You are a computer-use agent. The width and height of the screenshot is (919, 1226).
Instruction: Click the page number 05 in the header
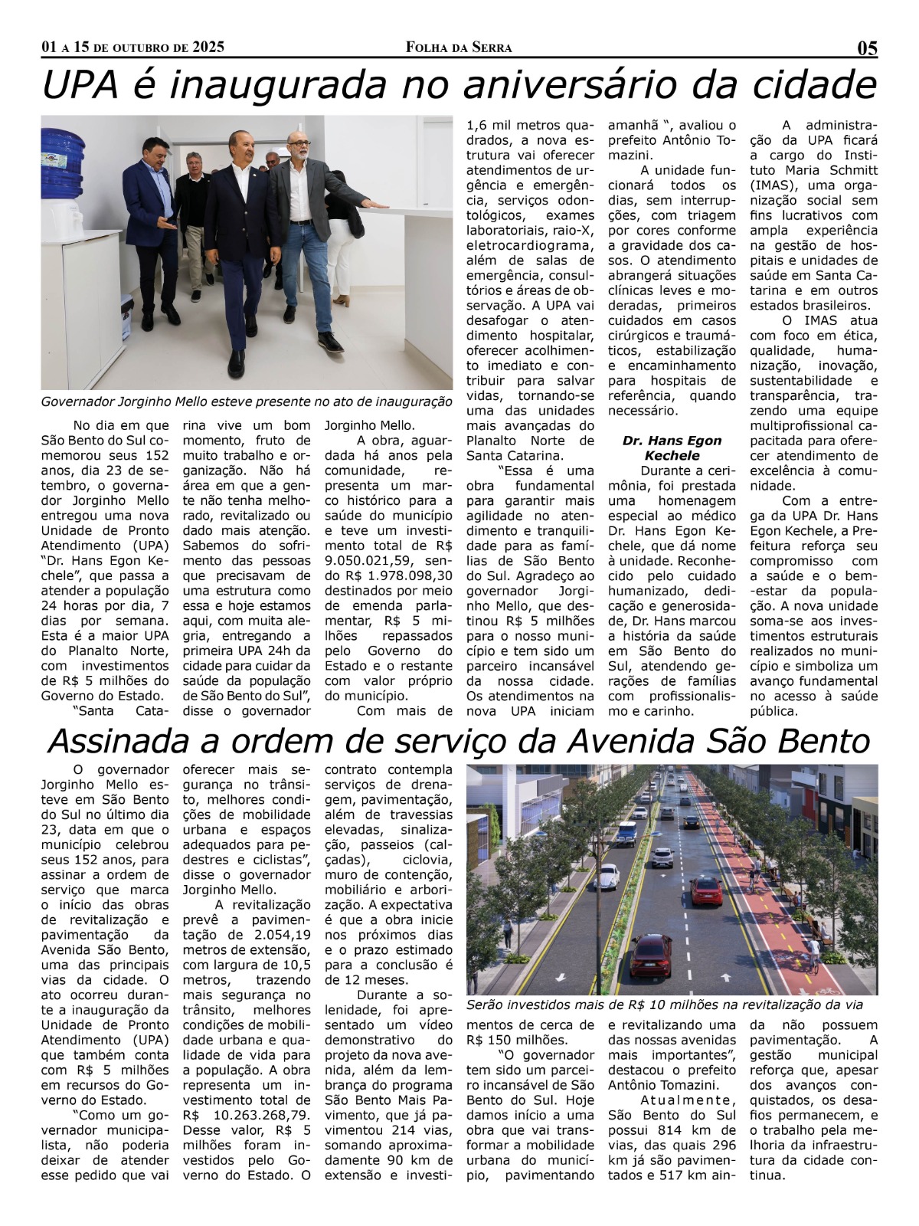point(866,48)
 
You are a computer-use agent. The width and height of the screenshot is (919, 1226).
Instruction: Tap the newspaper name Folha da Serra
point(459,48)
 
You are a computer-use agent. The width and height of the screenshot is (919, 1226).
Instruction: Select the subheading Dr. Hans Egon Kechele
point(671,447)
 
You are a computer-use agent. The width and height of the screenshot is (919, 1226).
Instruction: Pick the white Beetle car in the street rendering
point(608,874)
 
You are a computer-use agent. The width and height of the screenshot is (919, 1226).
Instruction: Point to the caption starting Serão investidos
point(664,1005)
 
